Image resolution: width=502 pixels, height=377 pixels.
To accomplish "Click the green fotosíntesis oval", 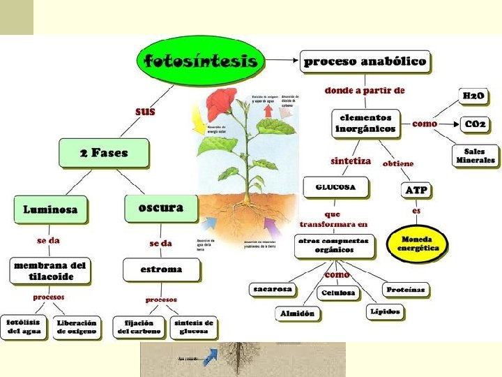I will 201,60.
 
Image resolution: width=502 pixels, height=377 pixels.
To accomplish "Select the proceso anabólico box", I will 365,61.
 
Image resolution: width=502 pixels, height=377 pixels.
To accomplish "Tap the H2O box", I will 473,96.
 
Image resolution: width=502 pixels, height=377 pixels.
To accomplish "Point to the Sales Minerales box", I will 476,155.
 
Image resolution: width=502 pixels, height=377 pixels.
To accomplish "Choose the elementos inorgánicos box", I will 365,123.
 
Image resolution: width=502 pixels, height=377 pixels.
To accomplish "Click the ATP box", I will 416,189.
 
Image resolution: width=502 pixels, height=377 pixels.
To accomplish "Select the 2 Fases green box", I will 104,153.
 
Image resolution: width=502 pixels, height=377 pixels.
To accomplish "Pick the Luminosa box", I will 50,209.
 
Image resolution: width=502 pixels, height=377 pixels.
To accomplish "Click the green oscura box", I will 161,207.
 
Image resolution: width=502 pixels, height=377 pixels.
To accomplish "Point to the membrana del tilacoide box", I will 51,270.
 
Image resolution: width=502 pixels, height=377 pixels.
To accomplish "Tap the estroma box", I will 161,269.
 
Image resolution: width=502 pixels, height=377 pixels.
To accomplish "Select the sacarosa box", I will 272,289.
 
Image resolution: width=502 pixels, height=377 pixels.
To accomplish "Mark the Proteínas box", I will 405,289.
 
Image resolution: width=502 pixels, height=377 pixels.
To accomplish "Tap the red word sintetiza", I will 351,161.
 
